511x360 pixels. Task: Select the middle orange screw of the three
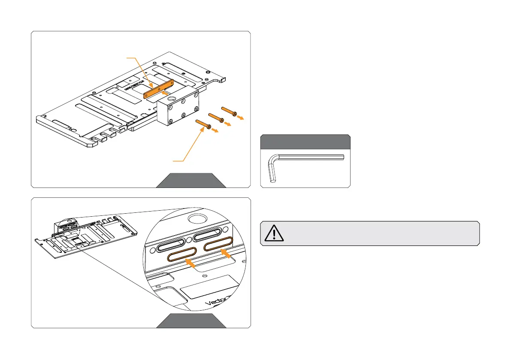(216, 116)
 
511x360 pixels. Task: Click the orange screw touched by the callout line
(204, 124)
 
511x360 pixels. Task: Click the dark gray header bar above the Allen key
(305, 142)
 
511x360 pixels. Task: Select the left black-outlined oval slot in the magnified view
(172, 246)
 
